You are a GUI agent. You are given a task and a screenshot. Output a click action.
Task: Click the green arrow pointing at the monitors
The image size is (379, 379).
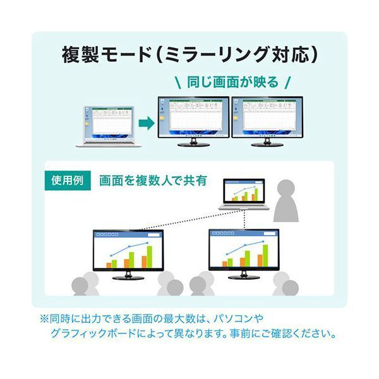coord(145,123)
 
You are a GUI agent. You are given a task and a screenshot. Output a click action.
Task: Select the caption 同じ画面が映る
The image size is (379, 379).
coord(231,82)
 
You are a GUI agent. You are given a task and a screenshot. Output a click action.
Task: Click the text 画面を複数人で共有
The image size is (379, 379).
coord(153,180)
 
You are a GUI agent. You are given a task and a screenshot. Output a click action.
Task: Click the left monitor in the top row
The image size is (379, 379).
coord(191,117)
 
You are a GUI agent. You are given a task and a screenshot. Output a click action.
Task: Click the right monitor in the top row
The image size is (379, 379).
coord(267,117)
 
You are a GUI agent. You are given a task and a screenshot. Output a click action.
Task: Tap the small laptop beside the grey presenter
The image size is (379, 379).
coord(244,195)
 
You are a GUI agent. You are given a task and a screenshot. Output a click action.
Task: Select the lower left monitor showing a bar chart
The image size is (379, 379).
coord(128,250)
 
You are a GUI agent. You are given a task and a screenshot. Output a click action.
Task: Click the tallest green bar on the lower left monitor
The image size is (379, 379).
coord(150,256)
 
